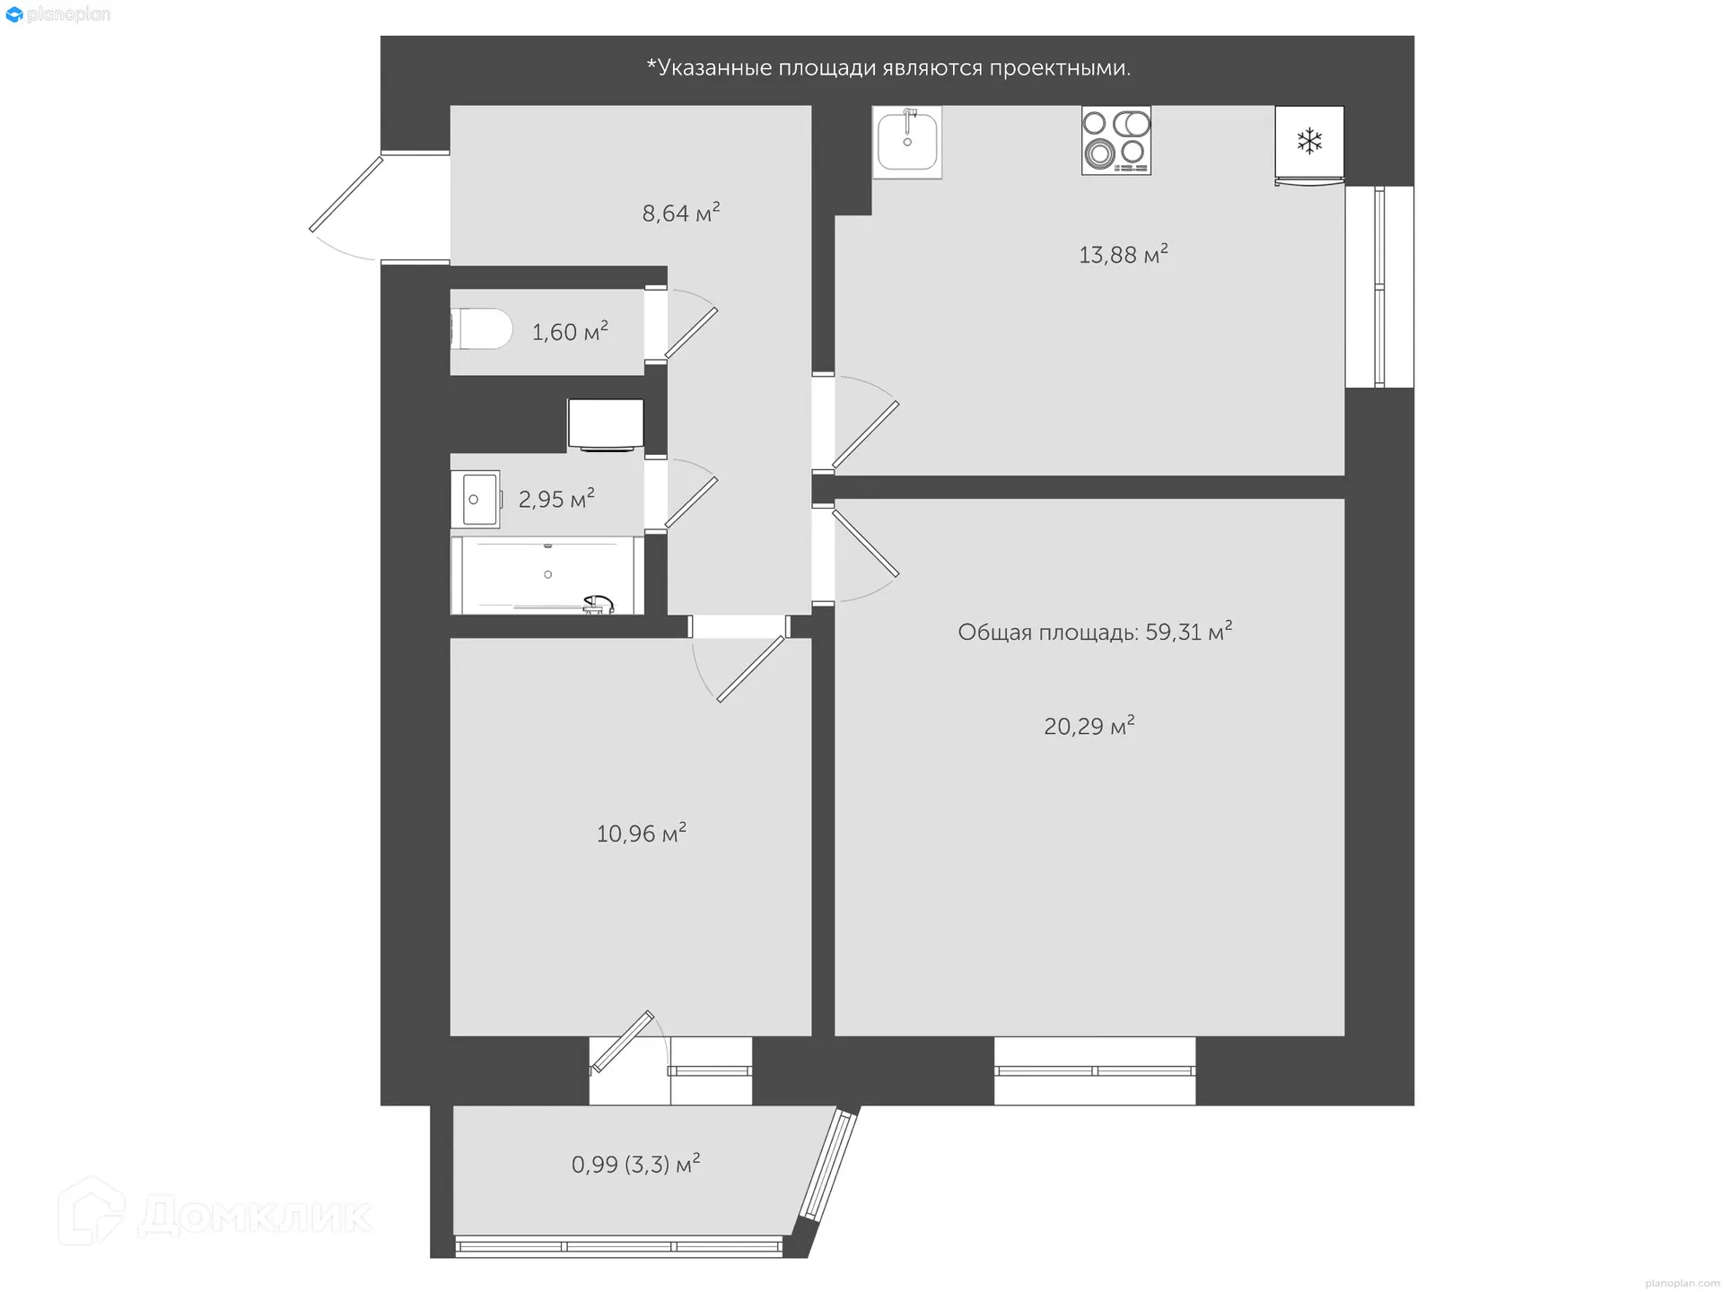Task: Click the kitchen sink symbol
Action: point(907,142)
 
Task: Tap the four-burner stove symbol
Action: point(1115,141)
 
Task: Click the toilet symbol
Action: point(481,329)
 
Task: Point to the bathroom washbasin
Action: point(480,499)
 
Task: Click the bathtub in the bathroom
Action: point(547,575)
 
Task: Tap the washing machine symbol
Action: point(606,424)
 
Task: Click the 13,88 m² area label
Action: point(1123,254)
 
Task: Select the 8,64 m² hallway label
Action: point(680,213)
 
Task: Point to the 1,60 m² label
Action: point(570,332)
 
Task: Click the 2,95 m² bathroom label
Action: point(556,499)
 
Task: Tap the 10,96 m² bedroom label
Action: point(641,834)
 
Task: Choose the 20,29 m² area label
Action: point(1089,725)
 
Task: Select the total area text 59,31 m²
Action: point(1094,632)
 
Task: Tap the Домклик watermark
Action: point(215,1213)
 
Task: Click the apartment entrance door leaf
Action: point(345,194)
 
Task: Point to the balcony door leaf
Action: point(623,1042)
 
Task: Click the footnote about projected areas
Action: point(888,68)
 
